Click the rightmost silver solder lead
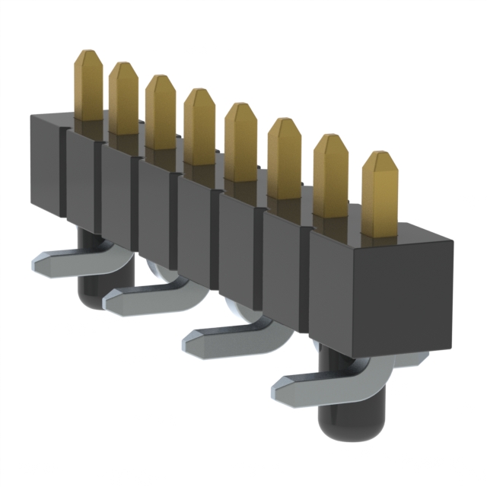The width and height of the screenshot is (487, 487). pos(312,388)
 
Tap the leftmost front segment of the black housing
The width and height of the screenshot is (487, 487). pos(44,164)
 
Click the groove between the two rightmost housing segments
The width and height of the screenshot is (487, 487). pos(307,282)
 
